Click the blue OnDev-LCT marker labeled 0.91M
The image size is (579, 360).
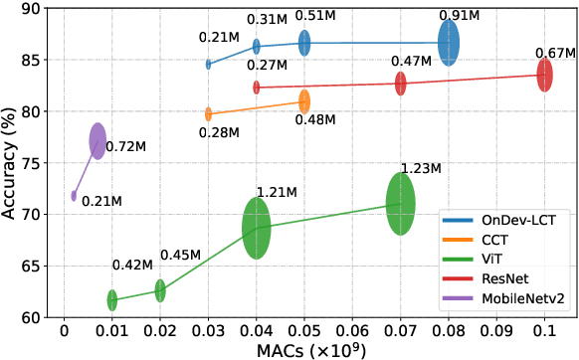pyautogui.click(x=449, y=43)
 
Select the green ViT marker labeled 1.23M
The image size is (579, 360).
pyautogui.click(x=400, y=203)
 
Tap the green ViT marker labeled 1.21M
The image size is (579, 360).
pyautogui.click(x=257, y=228)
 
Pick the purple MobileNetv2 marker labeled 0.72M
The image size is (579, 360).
pyautogui.click(x=97, y=141)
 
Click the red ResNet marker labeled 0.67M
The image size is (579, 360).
pyautogui.click(x=544, y=75)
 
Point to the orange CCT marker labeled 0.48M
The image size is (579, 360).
pyautogui.click(x=304, y=101)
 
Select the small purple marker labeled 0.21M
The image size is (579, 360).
pyautogui.click(x=74, y=196)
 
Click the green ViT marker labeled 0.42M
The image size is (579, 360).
pyautogui.click(x=112, y=299)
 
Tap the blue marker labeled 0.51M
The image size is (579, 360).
pyautogui.click(x=304, y=43)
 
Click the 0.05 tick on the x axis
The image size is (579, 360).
pyautogui.click(x=304, y=328)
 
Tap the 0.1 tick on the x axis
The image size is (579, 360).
pyautogui.click(x=544, y=328)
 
